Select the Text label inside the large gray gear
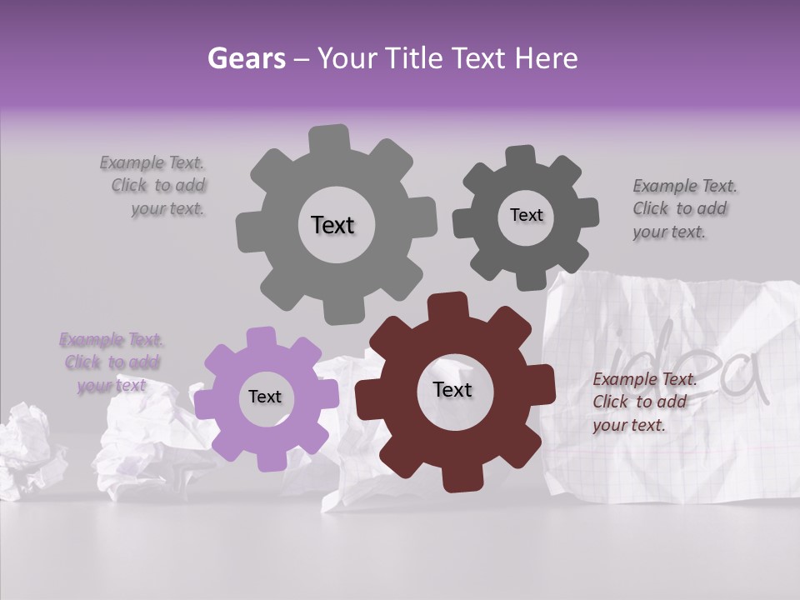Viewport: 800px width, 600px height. point(332,225)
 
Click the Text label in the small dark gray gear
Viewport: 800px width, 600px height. point(526,215)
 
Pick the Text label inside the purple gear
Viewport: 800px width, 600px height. point(265,397)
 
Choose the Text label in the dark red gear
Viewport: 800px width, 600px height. point(452,389)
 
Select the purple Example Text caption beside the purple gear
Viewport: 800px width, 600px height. point(112,362)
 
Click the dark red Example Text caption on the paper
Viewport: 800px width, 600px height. point(643,402)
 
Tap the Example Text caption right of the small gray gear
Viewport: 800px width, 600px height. point(683,208)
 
